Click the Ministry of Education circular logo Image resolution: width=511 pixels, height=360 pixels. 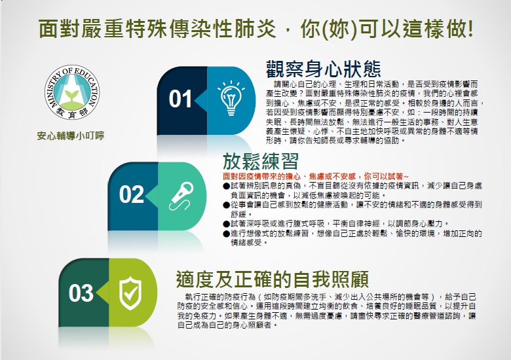pos(72,92)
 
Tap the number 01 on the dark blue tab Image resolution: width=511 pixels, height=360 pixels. pos(180,99)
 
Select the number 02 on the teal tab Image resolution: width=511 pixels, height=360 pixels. pos(131,194)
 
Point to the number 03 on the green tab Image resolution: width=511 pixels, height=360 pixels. pos(81,293)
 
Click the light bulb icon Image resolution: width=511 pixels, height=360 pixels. pos(231,98)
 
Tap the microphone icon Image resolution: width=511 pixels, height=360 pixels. pos(181,196)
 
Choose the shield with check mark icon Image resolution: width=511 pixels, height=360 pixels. pos(130,293)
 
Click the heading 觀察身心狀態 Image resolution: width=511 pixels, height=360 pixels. pos(323,69)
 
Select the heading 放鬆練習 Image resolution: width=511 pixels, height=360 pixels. pos(261,162)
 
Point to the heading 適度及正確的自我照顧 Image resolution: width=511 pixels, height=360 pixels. pos(273,279)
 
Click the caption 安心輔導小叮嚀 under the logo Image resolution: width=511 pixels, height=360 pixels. pos(71,135)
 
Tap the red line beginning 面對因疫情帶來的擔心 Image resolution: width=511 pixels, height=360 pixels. pos(316,177)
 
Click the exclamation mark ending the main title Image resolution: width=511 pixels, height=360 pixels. pos(470,28)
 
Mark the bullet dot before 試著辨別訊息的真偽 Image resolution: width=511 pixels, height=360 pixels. pos(227,186)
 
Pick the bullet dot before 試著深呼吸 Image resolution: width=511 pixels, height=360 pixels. pos(227,224)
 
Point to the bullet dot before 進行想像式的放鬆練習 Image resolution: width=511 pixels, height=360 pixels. pos(227,234)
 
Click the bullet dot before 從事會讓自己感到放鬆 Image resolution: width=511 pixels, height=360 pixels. pos(227,205)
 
